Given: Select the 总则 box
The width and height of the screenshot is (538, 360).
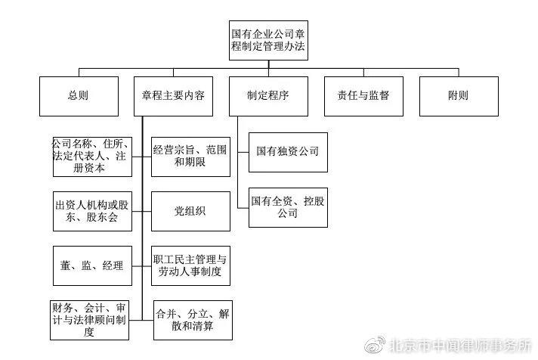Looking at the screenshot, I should coord(77,96).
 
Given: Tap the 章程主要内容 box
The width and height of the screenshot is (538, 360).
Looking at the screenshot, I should coord(173,96).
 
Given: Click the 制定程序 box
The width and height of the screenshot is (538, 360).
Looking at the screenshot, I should coord(267,96).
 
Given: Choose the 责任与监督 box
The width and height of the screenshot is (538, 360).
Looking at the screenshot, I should coord(363,96).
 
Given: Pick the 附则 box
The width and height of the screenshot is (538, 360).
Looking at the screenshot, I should coord(458,96).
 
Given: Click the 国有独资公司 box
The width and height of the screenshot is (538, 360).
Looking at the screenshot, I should coord(287,151).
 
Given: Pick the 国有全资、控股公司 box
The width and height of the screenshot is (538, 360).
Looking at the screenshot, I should coord(287,206).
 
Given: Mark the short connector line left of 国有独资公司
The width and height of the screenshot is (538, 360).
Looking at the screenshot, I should coord(243,151).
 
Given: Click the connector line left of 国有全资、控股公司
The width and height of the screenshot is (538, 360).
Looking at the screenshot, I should coord(243,206).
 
